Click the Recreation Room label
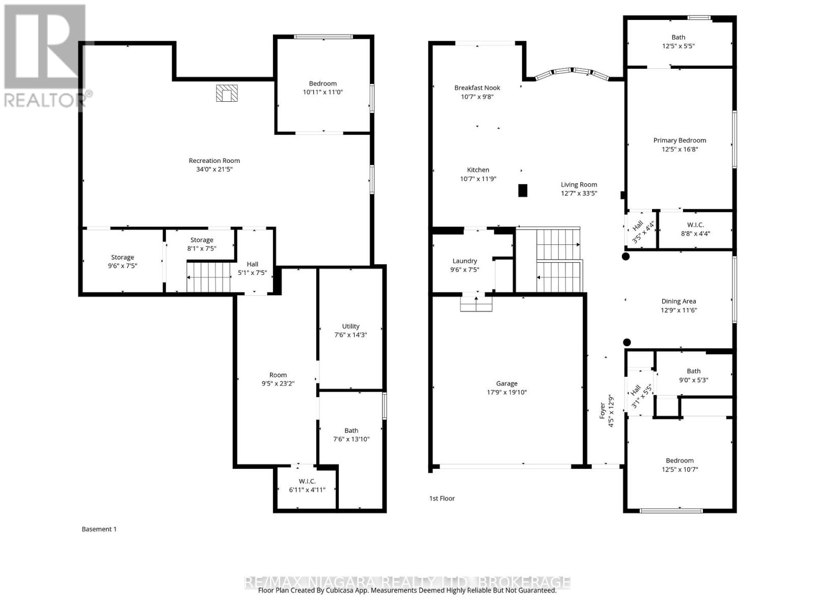click(214, 160)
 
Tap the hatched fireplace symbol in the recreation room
click(227, 93)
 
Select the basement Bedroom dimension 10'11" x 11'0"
click(322, 93)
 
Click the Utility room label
click(350, 326)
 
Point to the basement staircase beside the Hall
click(209, 277)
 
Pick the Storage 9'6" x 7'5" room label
click(122, 257)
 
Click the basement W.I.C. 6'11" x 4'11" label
click(307, 481)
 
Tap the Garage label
click(506, 383)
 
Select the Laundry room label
click(465, 261)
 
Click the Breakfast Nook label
click(477, 88)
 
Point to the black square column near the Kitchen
click(522, 190)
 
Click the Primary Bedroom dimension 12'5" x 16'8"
click(680, 150)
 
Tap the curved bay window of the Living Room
click(573, 73)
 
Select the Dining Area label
click(678, 301)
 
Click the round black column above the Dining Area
click(626, 257)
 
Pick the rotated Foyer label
click(603, 410)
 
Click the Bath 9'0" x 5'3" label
click(693, 371)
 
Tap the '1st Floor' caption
click(442, 498)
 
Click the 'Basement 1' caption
click(99, 529)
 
